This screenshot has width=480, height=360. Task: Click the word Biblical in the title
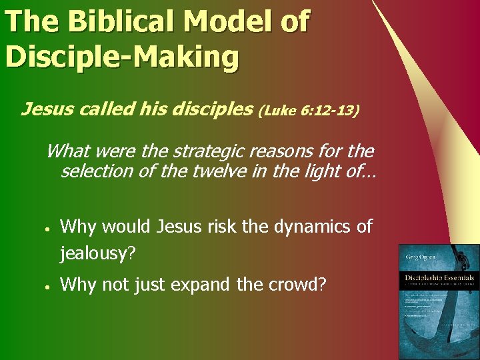click(x=125, y=22)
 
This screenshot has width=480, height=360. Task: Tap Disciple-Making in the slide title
click(x=121, y=57)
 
